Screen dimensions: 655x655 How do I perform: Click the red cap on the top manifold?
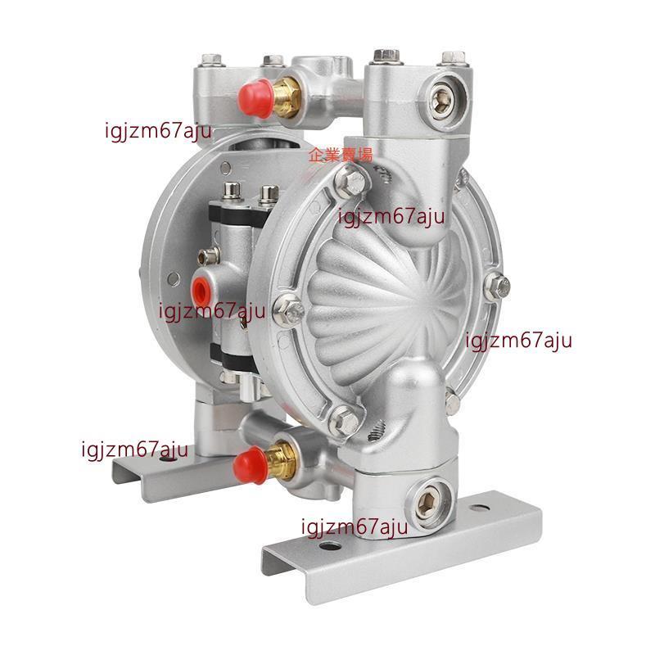click(x=255, y=98)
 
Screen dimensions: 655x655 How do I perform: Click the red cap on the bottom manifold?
click(x=251, y=464)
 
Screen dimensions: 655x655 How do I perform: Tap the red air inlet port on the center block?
click(x=200, y=288)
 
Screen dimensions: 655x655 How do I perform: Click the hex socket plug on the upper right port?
click(x=440, y=101)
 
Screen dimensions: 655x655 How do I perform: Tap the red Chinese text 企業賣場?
click(x=340, y=155)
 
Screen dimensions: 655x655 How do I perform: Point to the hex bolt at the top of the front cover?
click(x=351, y=180)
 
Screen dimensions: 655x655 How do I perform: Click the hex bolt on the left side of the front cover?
click(x=289, y=310)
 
